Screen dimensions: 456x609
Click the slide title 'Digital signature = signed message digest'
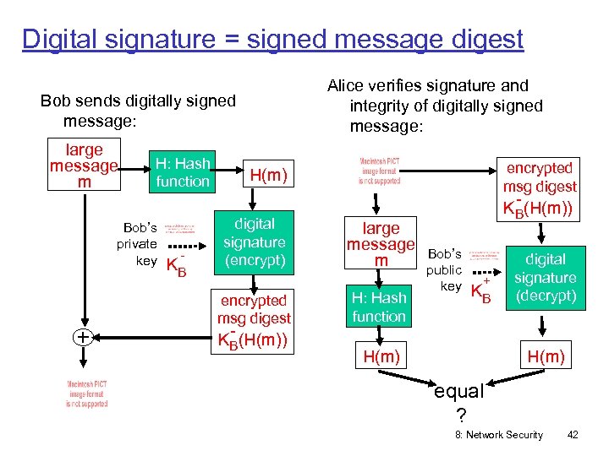(272, 39)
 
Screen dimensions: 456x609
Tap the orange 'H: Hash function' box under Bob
(182, 172)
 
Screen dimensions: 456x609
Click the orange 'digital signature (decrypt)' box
(546, 278)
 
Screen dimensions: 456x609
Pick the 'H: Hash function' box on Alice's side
(379, 307)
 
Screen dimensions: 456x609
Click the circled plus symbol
(82, 337)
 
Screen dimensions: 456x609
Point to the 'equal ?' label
(458, 402)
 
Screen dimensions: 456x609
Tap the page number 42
(573, 435)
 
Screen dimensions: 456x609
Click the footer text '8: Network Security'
(498, 435)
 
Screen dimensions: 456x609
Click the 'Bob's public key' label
(444, 270)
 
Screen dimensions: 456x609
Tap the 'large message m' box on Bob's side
(84, 166)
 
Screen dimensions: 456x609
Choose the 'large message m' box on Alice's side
(381, 244)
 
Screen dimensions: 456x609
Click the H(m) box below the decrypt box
(546, 356)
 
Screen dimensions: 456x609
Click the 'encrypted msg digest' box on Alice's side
(539, 187)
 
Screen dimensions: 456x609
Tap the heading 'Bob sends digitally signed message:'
(138, 111)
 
